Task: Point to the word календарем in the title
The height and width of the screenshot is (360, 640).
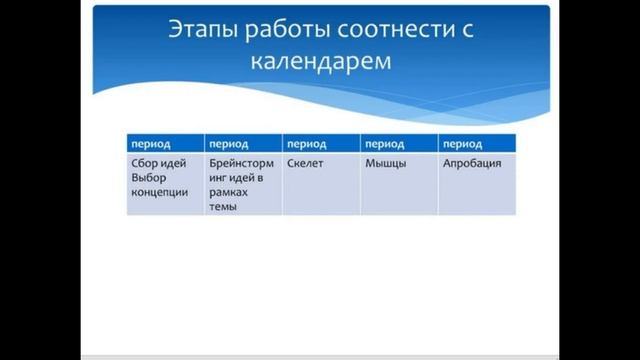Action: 321,62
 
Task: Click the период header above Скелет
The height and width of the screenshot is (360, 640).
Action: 306,144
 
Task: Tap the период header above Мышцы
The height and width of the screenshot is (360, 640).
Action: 384,144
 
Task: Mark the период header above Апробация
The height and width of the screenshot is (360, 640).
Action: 462,144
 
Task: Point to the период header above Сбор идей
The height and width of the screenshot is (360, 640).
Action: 150,144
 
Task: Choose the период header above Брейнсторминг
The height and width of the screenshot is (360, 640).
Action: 228,144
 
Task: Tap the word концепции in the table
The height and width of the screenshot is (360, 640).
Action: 160,192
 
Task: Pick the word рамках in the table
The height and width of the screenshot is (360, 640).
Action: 229,192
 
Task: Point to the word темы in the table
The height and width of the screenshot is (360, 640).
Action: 222,207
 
